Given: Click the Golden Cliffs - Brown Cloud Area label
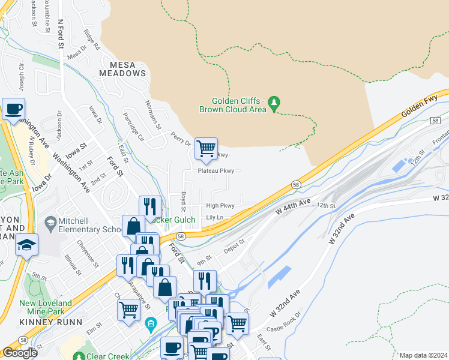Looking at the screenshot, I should (x=238, y=105).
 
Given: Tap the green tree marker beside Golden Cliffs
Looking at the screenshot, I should (x=274, y=103).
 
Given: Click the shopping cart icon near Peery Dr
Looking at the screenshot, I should (x=206, y=148).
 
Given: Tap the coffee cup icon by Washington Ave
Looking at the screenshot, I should (x=13, y=109).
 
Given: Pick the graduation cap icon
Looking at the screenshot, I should (x=27, y=245).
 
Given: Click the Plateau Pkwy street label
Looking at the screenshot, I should (x=215, y=170).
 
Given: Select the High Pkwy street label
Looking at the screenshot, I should (x=220, y=205).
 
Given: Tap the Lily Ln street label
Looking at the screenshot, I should (x=214, y=217).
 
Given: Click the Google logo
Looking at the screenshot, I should (x=20, y=353).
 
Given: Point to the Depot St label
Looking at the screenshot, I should (x=234, y=246).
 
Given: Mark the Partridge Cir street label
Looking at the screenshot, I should (x=133, y=126).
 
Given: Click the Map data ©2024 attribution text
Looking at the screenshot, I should (x=423, y=355).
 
